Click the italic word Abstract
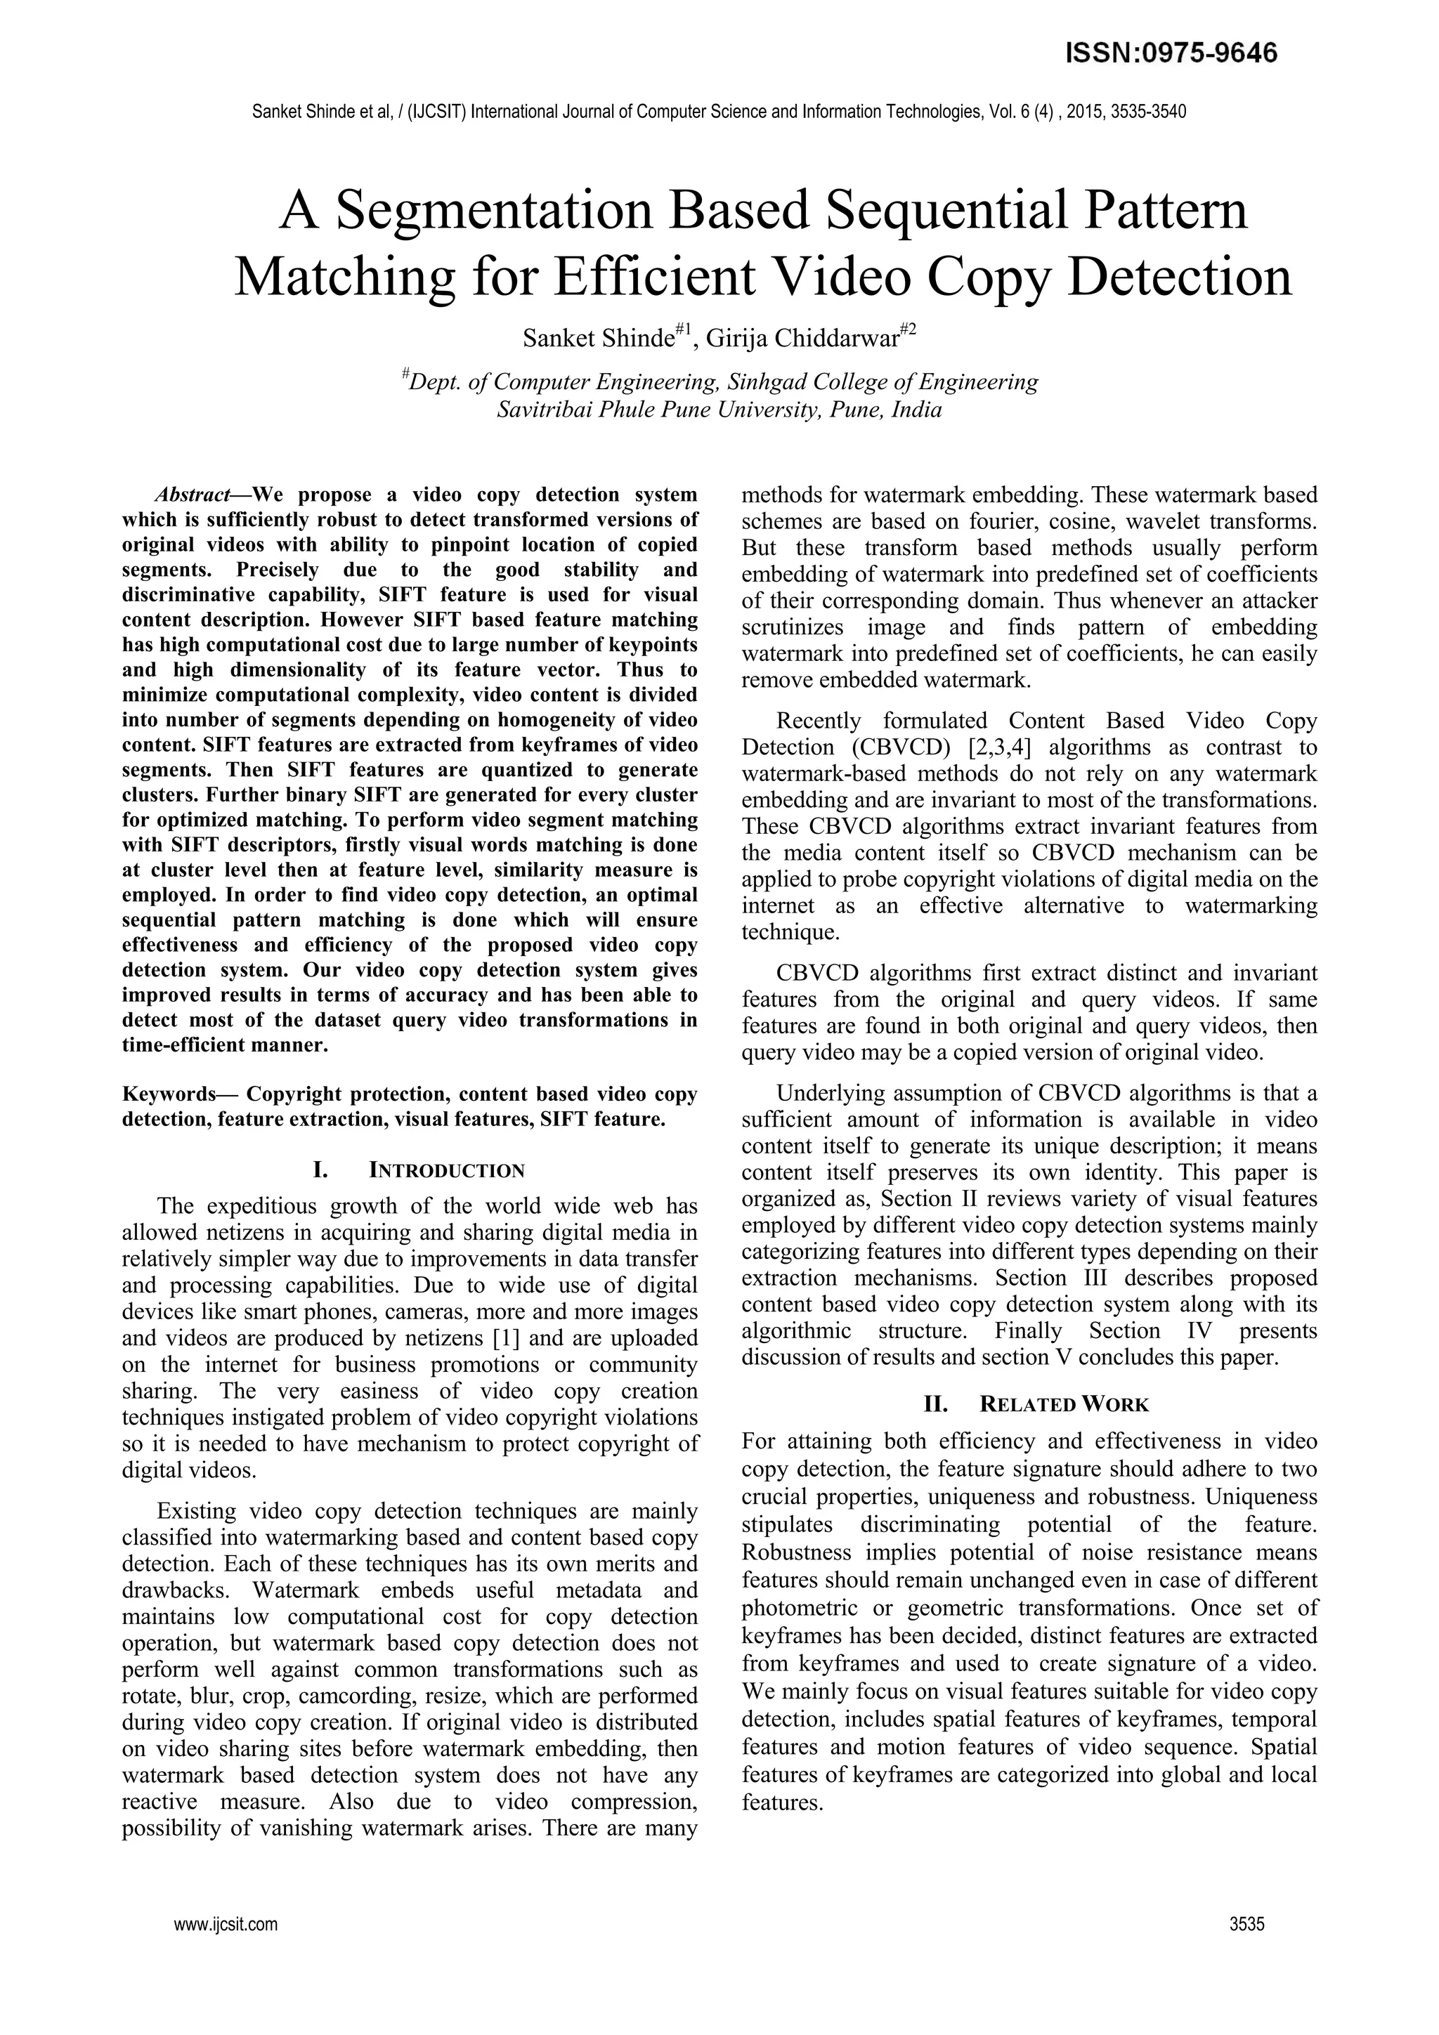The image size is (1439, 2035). click(193, 495)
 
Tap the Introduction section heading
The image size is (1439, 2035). click(446, 1171)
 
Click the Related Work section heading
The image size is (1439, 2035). click(1064, 1405)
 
